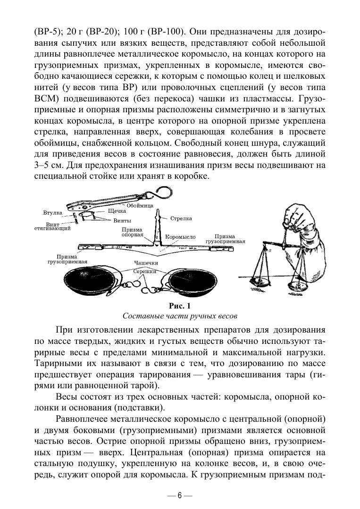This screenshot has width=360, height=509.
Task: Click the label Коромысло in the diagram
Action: click(x=180, y=236)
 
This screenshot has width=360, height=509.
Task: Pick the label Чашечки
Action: click(x=145, y=263)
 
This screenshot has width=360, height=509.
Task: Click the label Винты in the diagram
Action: click(x=122, y=220)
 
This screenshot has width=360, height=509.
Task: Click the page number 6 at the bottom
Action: click(x=179, y=495)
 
